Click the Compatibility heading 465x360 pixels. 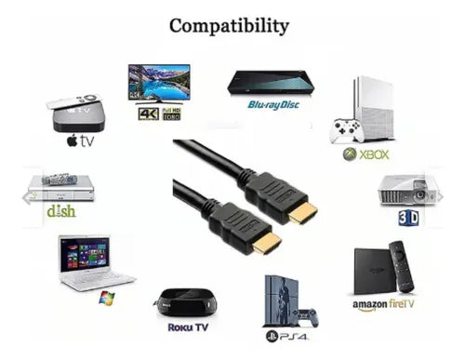[229, 25]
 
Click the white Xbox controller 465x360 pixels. [347, 130]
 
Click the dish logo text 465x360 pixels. [61, 211]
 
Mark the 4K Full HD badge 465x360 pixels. [158, 114]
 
